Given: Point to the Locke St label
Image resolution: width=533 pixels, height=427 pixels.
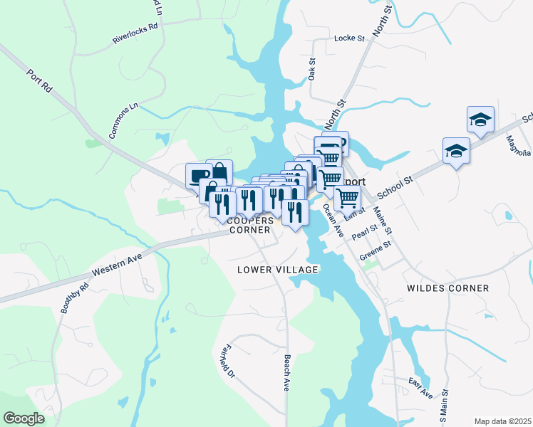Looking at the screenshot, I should coord(349,38).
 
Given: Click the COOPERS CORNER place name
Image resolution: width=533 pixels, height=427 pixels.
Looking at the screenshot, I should coord(249,225).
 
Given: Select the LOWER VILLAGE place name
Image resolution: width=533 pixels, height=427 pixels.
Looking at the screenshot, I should coord(278,270).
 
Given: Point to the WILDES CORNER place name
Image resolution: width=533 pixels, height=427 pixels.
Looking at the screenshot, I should coord(447,288).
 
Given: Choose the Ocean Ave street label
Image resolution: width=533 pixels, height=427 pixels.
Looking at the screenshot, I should coord(333,221).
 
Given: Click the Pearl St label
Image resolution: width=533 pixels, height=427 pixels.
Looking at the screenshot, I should coord(363,231).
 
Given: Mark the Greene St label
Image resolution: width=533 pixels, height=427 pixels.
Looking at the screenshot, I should coord(376,250).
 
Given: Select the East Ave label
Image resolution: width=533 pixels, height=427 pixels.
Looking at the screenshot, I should coord(420,389).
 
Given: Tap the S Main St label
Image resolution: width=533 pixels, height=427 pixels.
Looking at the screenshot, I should coord(445,406).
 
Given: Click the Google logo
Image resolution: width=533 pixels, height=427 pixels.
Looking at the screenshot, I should coord(24,418).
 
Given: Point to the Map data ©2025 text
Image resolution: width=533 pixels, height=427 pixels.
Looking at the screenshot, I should coord(502,421).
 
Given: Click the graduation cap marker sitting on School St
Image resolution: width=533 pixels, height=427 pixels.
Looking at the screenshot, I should coord(456,150).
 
